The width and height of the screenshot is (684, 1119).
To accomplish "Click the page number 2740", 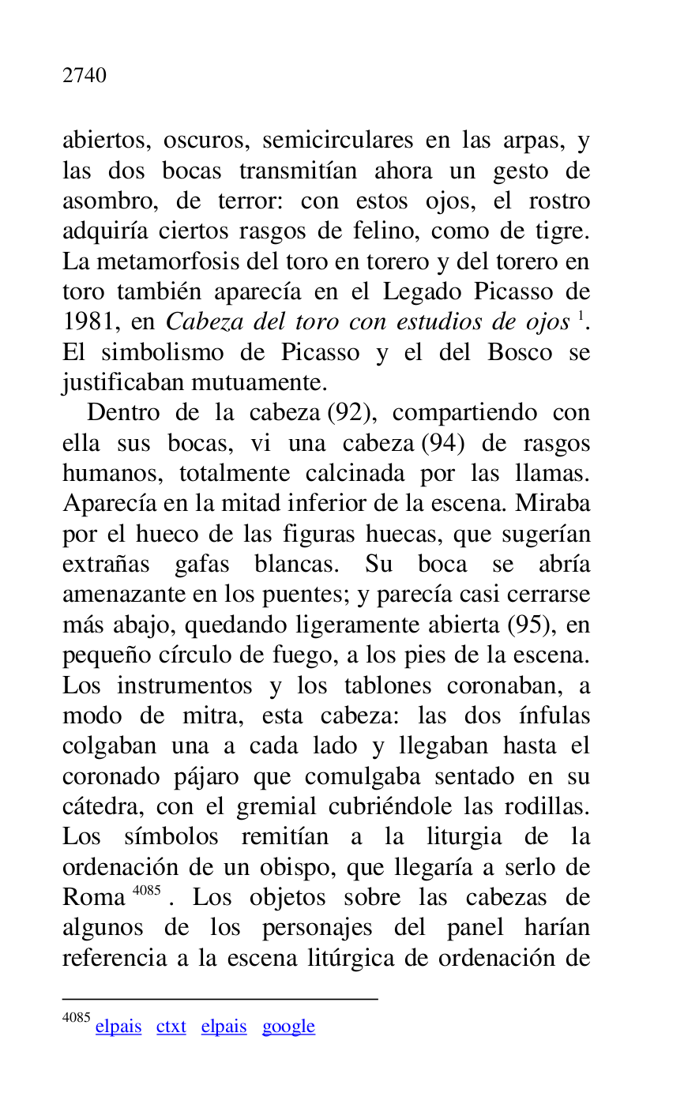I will point(85,76).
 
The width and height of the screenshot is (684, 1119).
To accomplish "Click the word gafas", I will point(203,565).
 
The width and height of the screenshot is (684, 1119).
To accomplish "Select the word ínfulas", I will point(554,716).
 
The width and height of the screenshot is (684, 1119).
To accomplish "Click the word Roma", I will point(93,899).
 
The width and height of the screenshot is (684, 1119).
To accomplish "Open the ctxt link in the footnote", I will point(171,1027).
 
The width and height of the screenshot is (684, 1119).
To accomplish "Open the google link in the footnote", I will point(288,1027).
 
